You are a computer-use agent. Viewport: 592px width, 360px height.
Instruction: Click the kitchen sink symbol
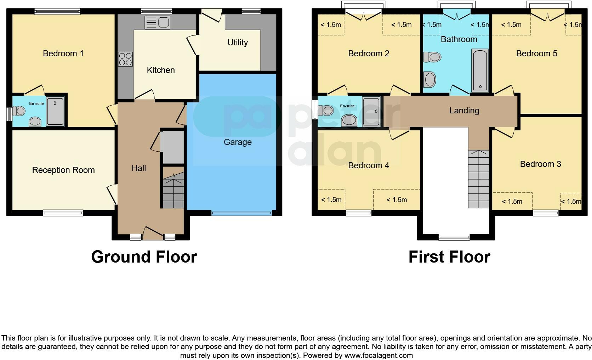[x=158, y=23]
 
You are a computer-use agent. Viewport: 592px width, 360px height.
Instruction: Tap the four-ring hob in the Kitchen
[x=125, y=59]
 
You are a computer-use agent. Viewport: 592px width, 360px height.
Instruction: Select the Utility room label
[x=237, y=43]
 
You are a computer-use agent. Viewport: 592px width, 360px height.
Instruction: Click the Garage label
[x=237, y=142]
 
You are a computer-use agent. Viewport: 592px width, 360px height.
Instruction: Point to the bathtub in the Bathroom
[x=480, y=71]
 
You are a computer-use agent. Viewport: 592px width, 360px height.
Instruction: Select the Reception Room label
[x=63, y=170]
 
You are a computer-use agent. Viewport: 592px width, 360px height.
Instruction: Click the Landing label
[x=464, y=111]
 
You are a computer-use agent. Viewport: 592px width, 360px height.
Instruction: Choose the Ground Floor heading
[x=144, y=257]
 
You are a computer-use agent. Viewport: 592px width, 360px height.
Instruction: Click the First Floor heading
[x=449, y=257]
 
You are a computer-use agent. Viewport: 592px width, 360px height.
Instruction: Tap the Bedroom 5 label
[x=536, y=54]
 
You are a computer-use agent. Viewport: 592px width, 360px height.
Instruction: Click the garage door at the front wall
[x=242, y=213]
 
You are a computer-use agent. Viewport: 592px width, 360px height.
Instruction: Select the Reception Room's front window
[x=63, y=213]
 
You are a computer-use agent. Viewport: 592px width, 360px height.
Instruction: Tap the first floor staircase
[x=478, y=179]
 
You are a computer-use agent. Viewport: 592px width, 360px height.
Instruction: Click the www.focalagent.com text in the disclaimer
[x=378, y=355]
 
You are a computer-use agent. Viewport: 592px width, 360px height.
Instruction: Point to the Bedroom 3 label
[x=540, y=164]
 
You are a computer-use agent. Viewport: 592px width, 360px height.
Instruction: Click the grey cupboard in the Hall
[x=172, y=147]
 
